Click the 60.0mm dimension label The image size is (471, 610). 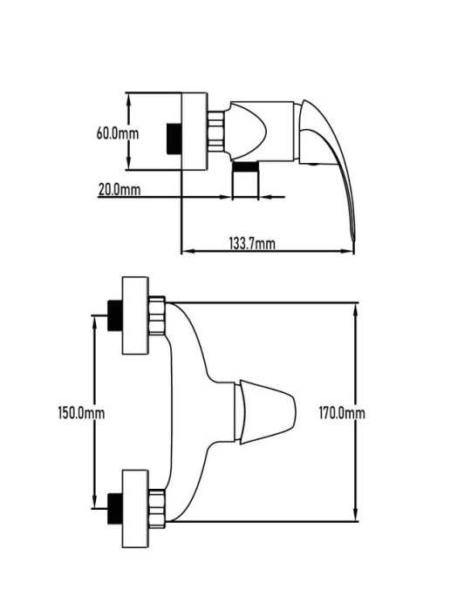[118, 133]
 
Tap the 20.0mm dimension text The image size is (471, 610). [119, 190]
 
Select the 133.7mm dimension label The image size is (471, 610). [252, 243]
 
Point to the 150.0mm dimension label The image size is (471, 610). [81, 412]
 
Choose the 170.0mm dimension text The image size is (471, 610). [342, 412]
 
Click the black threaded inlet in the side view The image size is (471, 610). [174, 139]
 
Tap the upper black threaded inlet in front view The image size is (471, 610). [115, 315]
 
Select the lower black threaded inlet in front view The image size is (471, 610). [115, 508]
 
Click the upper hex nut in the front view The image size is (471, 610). [157, 315]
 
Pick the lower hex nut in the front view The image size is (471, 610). [157, 508]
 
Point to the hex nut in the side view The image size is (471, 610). [215, 131]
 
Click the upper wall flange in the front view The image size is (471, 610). [135, 315]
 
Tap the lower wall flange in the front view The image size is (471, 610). [135, 508]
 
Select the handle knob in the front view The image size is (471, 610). [265, 412]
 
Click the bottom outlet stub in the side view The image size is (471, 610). [245, 180]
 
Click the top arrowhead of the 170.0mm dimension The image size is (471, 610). [355, 308]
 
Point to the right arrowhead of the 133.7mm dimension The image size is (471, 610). [348, 251]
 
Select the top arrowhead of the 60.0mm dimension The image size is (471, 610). [129, 98]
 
